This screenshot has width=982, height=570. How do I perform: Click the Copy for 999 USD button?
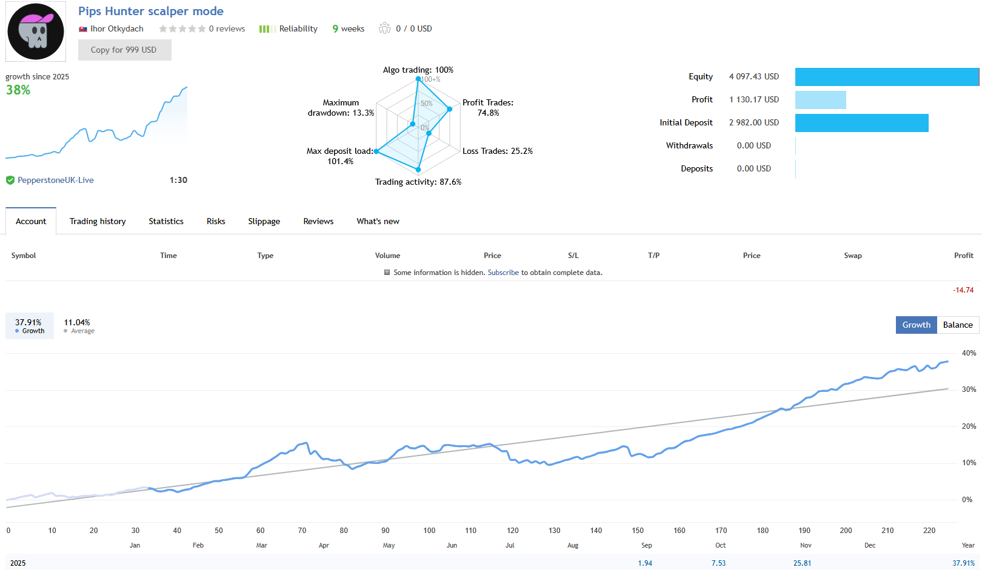[124, 50]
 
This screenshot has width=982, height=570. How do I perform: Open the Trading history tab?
[98, 221]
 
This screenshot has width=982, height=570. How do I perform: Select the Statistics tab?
[166, 221]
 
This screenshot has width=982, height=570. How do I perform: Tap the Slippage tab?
[264, 221]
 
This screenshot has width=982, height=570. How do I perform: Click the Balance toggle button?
[957, 325]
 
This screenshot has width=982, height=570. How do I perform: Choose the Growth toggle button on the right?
[916, 325]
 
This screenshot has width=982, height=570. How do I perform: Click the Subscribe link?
[503, 273]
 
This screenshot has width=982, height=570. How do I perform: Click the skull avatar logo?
[36, 31]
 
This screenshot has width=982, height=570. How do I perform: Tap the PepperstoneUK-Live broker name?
[55, 180]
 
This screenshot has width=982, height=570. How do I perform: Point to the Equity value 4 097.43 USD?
[753, 76]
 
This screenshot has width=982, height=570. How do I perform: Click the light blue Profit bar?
[820, 100]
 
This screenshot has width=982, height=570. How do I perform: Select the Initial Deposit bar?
[861, 123]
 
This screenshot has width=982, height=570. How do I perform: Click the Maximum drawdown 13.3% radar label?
[341, 108]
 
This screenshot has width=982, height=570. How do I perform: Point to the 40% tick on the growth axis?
[969, 353]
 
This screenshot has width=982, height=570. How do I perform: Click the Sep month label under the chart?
[646, 545]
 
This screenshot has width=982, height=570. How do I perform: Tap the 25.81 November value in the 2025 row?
[802, 563]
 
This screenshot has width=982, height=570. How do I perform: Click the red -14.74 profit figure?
[963, 290]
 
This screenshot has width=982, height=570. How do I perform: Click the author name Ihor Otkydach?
[116, 28]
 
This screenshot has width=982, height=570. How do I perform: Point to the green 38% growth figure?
[18, 90]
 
